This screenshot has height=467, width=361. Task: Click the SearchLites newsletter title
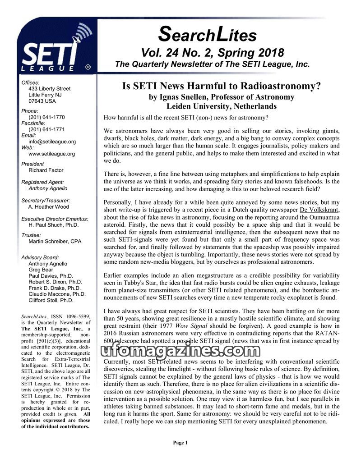(x=208, y=34)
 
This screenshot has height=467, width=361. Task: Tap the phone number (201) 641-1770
(x=46, y=117)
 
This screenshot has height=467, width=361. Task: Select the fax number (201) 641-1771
(x=46, y=129)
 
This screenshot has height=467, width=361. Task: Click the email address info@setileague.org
(x=52, y=142)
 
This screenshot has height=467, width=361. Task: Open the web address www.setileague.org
(x=51, y=154)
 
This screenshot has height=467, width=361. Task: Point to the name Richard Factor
(x=46, y=170)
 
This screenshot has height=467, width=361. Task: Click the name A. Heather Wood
(x=49, y=207)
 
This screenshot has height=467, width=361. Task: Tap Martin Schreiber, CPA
(x=55, y=242)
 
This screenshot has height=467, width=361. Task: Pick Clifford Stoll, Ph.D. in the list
(x=51, y=300)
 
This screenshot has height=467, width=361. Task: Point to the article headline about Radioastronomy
(x=221, y=87)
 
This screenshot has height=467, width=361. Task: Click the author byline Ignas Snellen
(x=221, y=97)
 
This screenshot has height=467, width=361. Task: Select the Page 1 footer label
(x=180, y=443)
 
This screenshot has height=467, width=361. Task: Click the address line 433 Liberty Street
(x=49, y=89)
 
